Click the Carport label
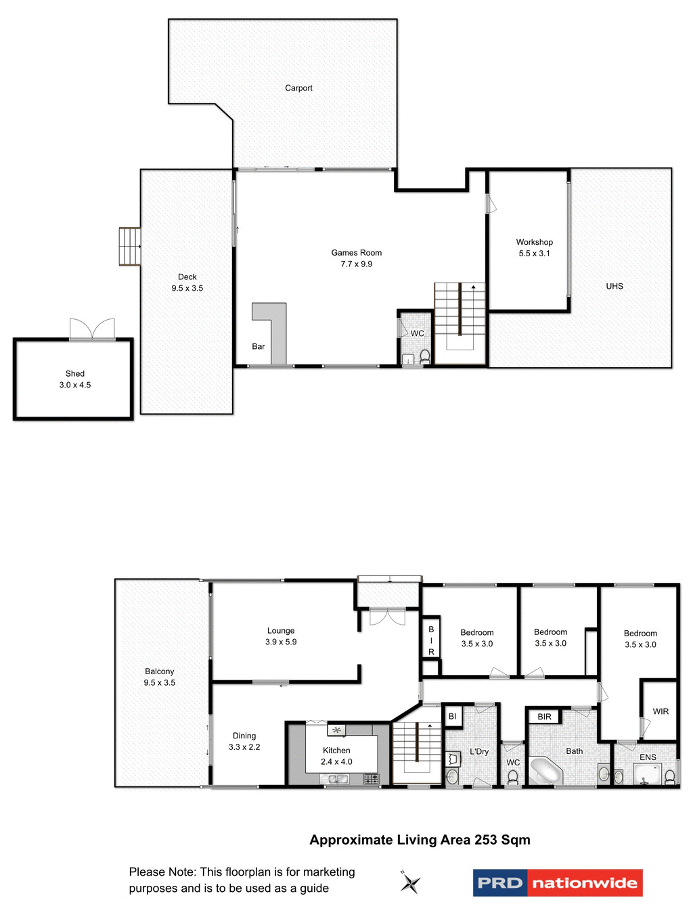(298, 88)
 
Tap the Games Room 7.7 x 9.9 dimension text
(357, 264)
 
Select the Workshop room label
(534, 242)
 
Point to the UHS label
(614, 286)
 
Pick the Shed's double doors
(92, 329)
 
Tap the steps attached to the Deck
(129, 247)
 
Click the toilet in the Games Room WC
(425, 356)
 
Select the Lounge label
(281, 630)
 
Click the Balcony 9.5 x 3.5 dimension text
(160, 683)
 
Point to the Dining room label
(244, 736)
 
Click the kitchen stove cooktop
(372, 779)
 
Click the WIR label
(661, 711)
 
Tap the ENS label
(648, 757)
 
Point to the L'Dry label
(479, 751)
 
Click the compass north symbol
(409, 882)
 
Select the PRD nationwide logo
(558, 883)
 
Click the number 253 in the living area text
(486, 840)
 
